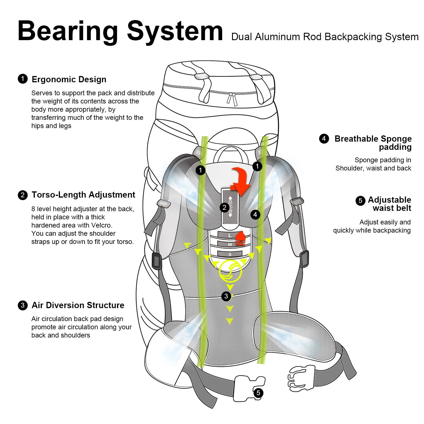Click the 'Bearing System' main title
coord(120,32)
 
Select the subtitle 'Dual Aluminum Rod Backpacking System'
coord(325,37)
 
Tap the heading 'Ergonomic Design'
coord(69,79)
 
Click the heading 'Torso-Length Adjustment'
coord(83,195)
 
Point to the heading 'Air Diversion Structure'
coord(78,305)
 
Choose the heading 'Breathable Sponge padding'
coord(373,143)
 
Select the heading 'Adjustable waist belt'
coord(390,204)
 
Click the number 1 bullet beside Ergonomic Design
coord(23,79)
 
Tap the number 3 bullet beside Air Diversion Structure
coord(23,305)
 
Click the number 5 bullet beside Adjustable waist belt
coord(360,201)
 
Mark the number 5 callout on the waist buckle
coord(258,393)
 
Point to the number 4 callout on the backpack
coord(255,215)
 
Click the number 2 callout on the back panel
coord(224,207)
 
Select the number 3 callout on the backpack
coord(226,296)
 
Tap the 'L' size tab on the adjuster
coord(230,235)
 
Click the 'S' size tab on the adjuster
coord(230,254)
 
